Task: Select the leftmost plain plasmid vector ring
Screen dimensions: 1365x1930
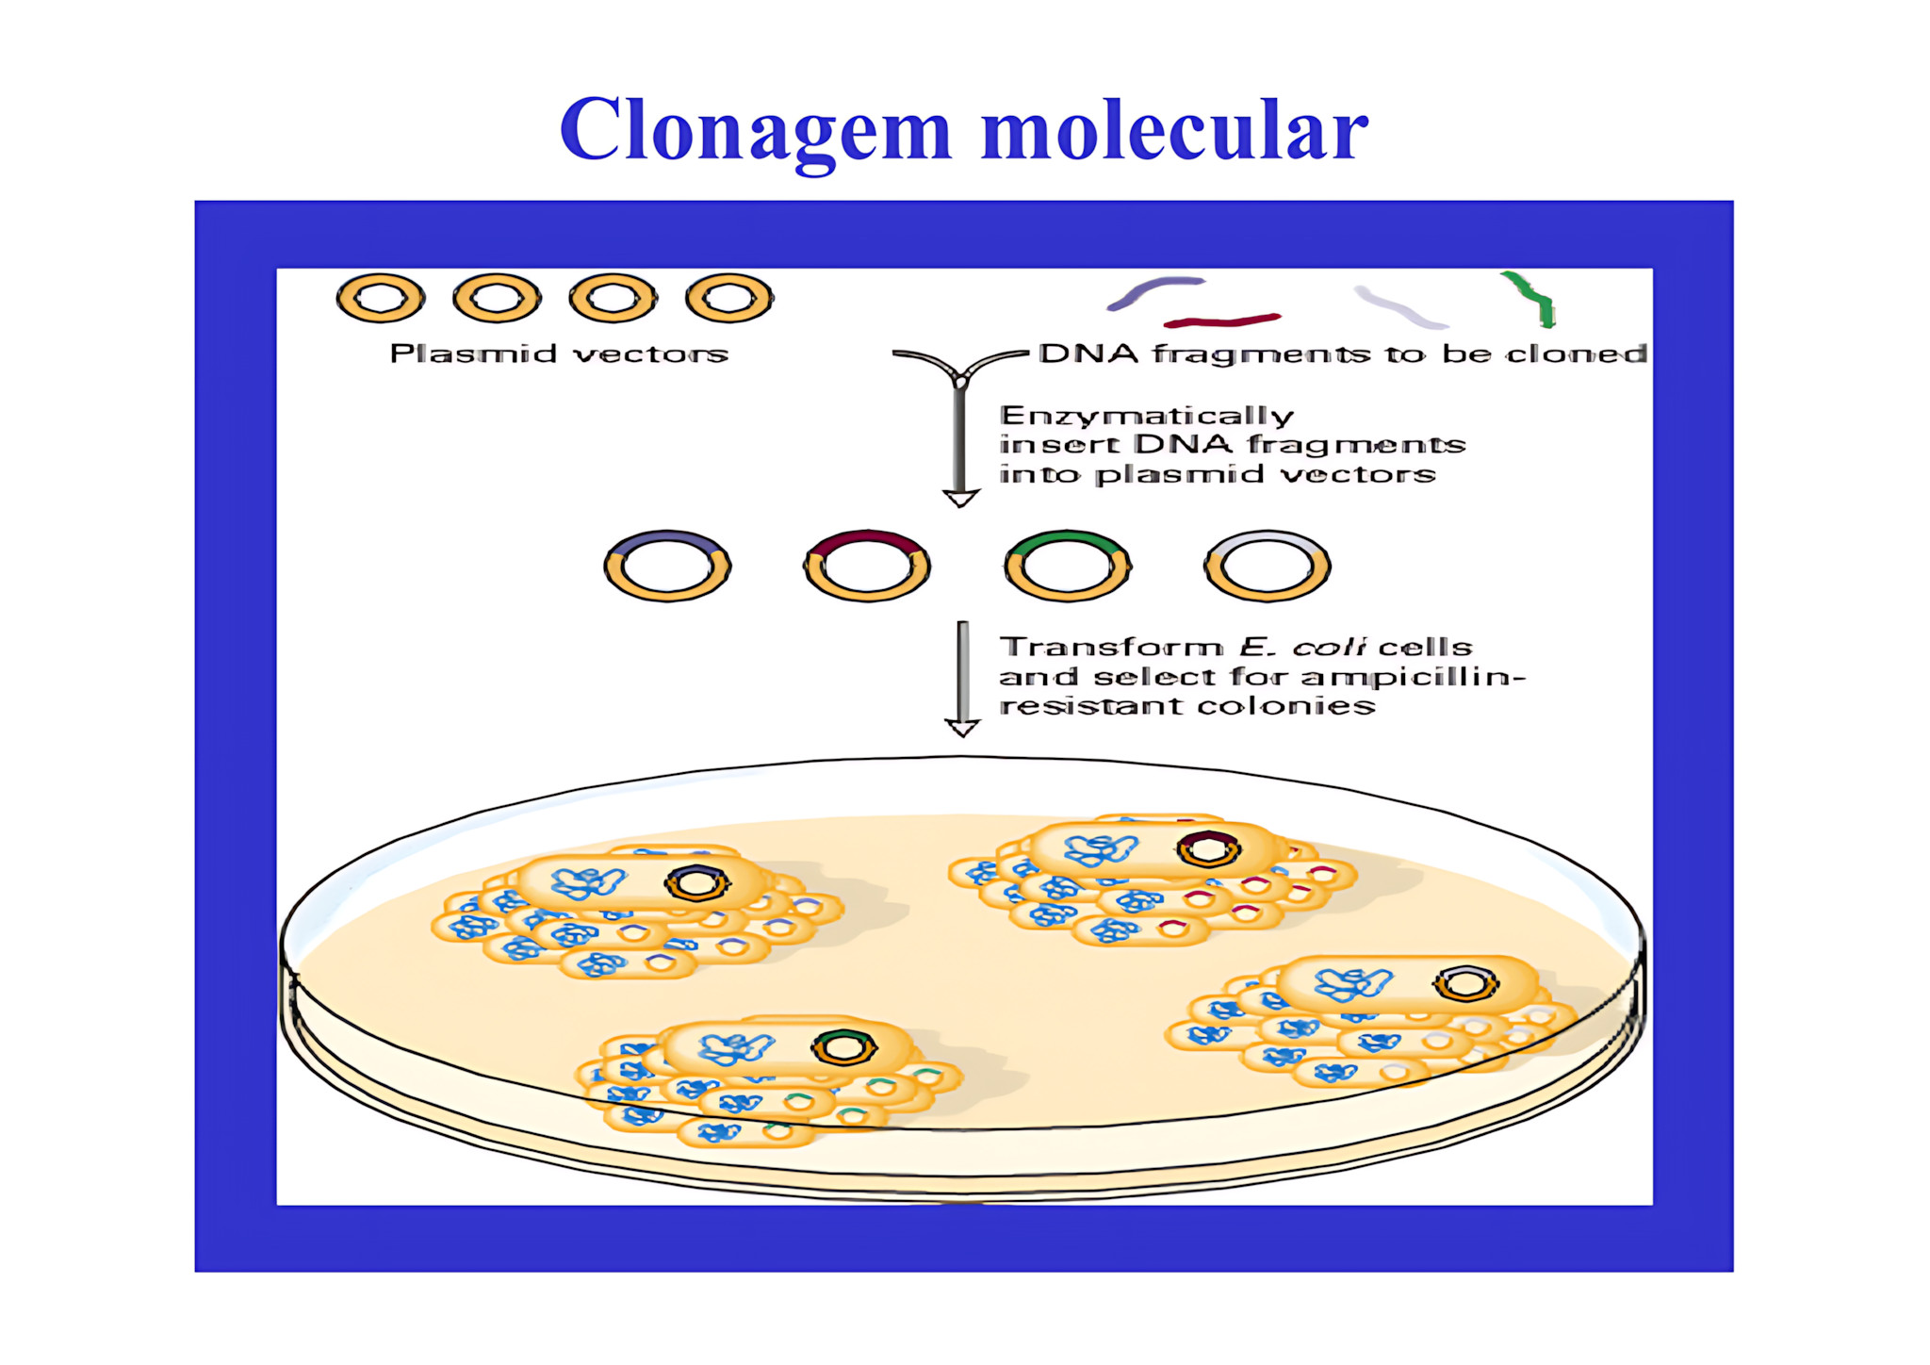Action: click(381, 299)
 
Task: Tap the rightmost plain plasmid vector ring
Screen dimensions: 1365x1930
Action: click(729, 299)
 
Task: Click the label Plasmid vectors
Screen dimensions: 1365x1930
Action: click(559, 354)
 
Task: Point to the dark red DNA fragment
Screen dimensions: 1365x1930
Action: click(1222, 321)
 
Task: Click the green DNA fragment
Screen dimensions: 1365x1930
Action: click(1531, 299)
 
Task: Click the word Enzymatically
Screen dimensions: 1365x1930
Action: click(1147, 416)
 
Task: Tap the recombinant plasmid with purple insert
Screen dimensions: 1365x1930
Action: click(667, 566)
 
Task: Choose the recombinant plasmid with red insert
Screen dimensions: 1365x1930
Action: click(867, 566)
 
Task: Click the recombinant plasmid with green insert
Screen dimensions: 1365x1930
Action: click(1067, 566)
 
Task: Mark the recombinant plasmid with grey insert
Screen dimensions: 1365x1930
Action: click(1267, 566)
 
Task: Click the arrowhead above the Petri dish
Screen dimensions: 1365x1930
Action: click(962, 728)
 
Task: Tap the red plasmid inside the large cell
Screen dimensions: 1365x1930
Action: click(1208, 849)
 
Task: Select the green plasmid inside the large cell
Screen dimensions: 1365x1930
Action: click(844, 1047)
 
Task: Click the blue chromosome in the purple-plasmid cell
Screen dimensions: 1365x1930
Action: click(586, 883)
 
